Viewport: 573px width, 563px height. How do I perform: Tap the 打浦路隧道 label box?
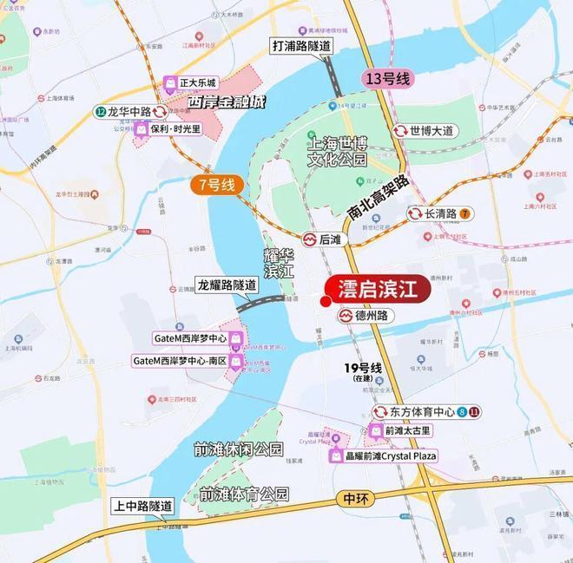tap(301, 45)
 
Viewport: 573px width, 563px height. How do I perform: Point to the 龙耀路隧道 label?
tap(227, 285)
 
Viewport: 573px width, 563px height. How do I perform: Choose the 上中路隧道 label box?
tap(142, 506)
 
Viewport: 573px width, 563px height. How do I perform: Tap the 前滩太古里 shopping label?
tap(401, 431)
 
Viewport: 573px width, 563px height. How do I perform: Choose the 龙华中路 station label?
tap(130, 112)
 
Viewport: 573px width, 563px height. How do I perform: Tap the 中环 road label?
tap(350, 500)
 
